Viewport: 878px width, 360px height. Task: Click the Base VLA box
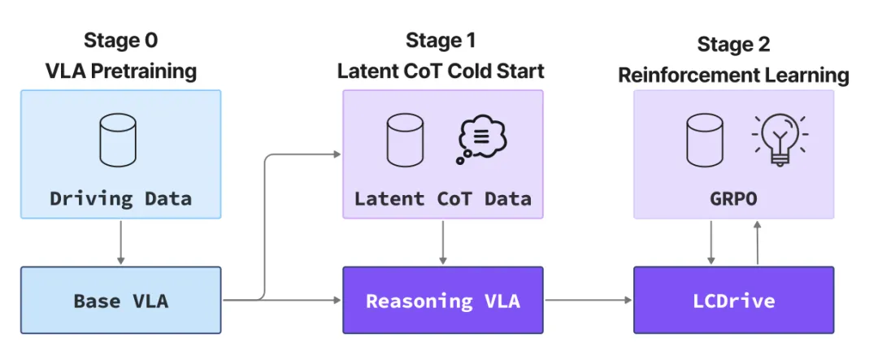coord(121,300)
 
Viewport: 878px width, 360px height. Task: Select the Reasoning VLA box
coord(443,300)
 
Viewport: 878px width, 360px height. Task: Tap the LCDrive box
coord(733,300)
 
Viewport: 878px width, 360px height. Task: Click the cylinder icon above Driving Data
coord(118,140)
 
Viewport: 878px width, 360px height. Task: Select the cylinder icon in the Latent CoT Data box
coord(405,140)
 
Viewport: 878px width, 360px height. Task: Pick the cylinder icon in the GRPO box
coord(704,140)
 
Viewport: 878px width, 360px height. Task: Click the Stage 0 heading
coord(121,41)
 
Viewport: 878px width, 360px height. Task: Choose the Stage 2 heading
coord(733,44)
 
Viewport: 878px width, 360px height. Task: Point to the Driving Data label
coord(121,198)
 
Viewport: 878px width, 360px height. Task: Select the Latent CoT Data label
coord(442,198)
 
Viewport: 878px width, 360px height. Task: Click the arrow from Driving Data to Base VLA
coord(121,242)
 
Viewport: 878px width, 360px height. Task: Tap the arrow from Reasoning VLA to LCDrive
coord(589,300)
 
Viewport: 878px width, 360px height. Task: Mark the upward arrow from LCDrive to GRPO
coord(757,242)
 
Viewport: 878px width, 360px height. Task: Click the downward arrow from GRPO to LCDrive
coord(711,242)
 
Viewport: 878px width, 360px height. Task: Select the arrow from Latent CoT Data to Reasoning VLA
coord(443,242)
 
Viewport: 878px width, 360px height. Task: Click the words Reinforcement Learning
coord(733,75)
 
